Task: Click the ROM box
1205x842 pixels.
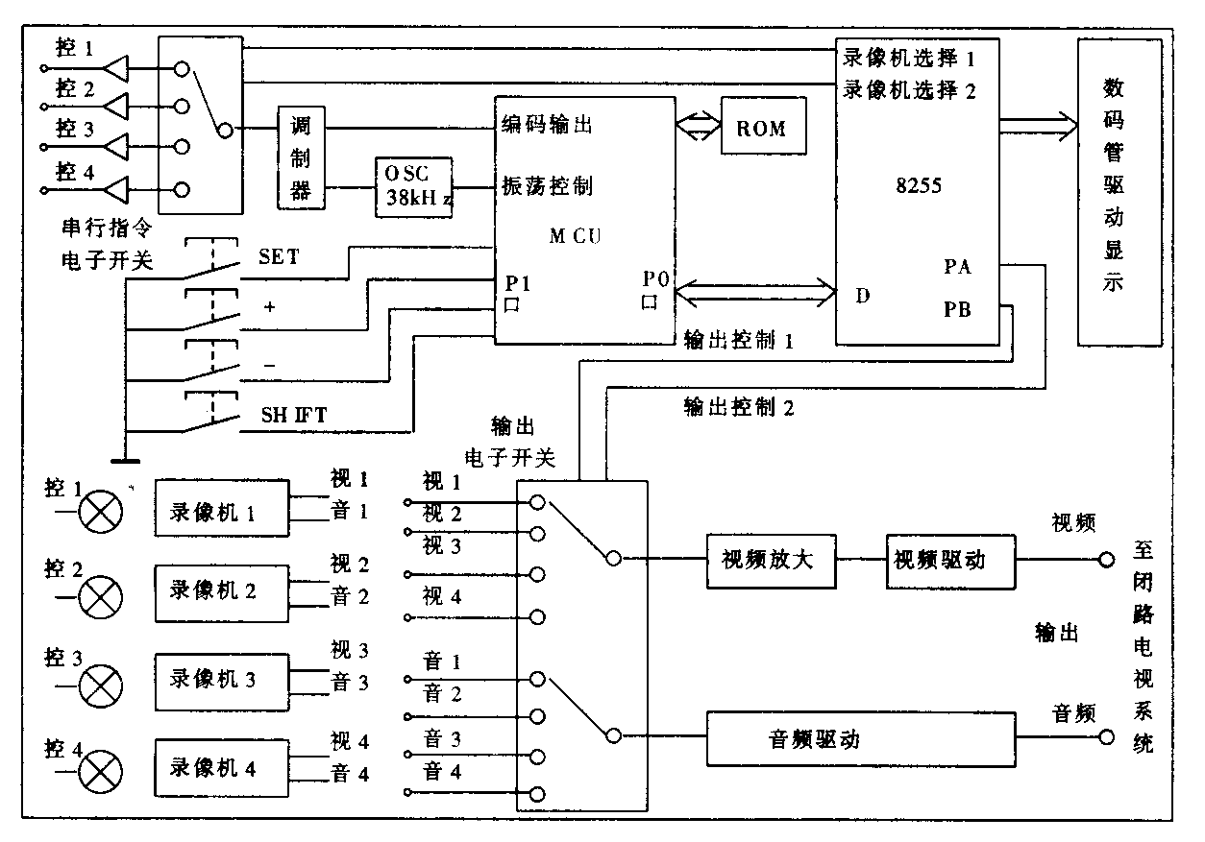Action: point(761,128)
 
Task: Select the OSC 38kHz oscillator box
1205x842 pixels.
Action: point(413,186)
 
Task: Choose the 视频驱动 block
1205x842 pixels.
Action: point(950,559)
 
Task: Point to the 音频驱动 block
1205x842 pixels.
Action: point(861,738)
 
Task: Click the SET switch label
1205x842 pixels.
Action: point(279,257)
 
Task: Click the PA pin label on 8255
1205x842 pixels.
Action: point(957,268)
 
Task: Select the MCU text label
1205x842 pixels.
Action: point(576,235)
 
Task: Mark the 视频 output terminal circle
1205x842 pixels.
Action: point(1106,558)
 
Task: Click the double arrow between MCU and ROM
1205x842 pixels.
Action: point(698,126)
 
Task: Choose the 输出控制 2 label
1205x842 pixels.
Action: point(739,407)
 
